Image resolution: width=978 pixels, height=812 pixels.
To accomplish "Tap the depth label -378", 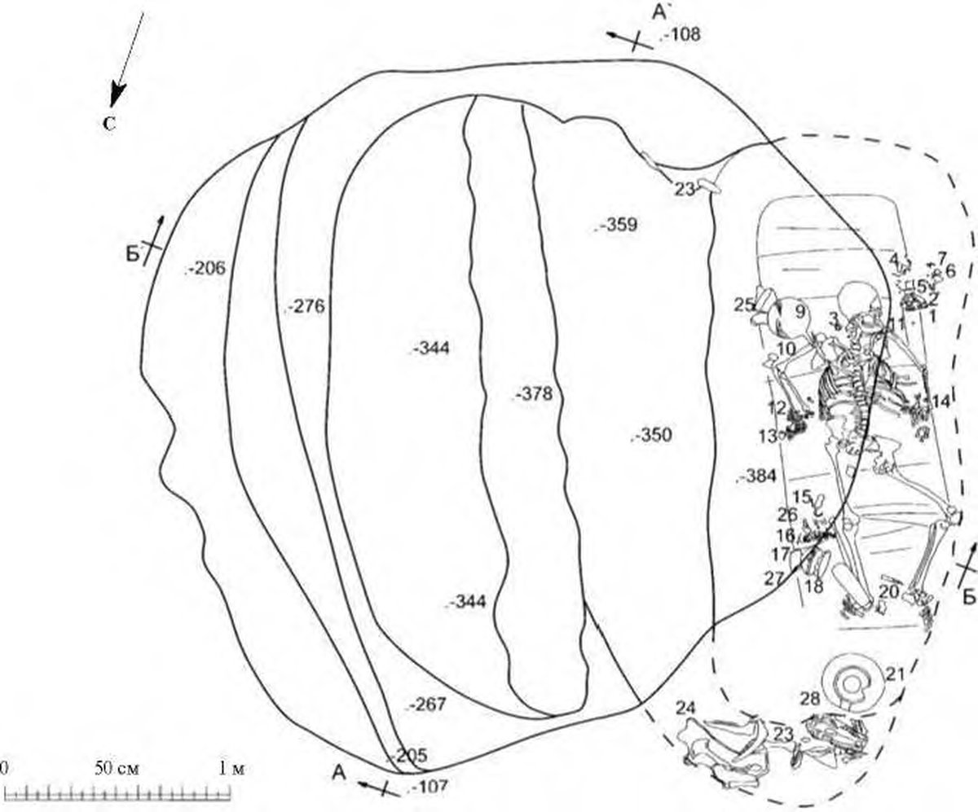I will pos(535,395).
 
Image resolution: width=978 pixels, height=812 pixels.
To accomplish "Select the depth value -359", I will pos(619,226).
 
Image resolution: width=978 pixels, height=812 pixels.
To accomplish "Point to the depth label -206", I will pos(206,267).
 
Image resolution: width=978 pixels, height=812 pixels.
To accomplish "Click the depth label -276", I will pos(306,307).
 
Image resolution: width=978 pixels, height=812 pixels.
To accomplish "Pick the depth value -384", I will pos(758,477).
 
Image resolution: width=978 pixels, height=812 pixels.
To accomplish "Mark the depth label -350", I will pos(653,435).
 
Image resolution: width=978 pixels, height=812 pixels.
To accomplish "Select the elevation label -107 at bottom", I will pos(431,788).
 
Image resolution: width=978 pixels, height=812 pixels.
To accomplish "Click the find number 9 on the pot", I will pos(800,310).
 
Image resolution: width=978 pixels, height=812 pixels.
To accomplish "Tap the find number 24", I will pos(686,709).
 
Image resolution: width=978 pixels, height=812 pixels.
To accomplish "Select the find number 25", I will pos(744,305).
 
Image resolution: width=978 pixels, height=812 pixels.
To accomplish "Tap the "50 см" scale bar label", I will pos(115,767).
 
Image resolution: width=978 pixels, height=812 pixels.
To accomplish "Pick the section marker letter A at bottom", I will pos(339,774).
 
